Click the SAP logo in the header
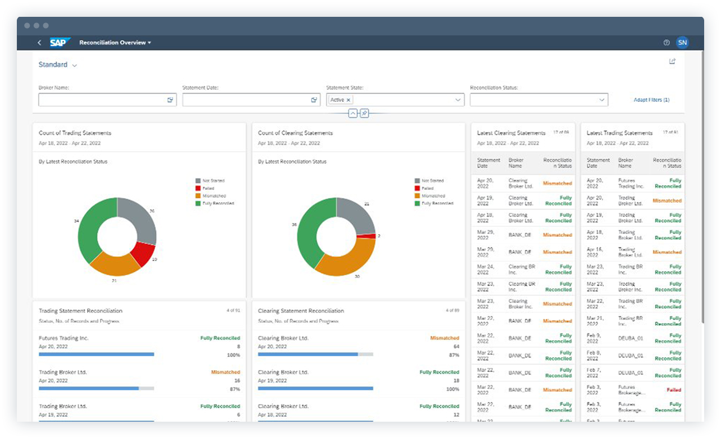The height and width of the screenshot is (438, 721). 60,43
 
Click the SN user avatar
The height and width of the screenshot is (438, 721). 682,43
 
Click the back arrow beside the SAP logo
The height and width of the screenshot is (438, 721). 39,43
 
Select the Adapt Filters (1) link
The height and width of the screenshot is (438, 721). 651,100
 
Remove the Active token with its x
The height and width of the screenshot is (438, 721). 348,100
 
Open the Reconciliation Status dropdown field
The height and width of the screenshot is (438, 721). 539,100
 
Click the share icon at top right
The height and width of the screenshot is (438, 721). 672,62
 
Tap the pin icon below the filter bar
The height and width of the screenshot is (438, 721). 364,113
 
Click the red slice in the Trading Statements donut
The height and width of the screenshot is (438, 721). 144,253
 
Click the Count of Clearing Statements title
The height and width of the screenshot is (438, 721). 295,133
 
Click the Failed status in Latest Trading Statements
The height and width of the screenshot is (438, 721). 673,390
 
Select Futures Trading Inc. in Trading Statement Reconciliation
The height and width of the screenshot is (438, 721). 63,338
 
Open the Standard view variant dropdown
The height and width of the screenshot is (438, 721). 58,65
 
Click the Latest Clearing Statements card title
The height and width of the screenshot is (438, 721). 511,133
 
